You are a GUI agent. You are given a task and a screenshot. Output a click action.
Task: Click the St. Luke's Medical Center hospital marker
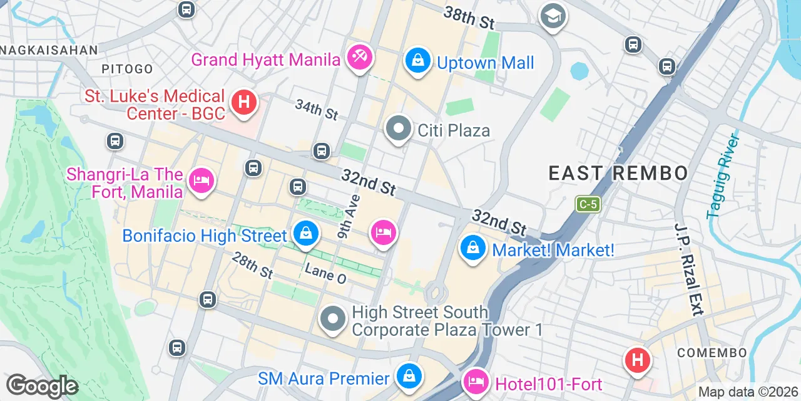[x=243, y=102]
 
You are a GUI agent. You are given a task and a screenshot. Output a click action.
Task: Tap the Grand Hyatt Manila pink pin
[x=359, y=58]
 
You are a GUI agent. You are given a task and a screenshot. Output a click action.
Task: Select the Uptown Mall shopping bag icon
[x=417, y=61]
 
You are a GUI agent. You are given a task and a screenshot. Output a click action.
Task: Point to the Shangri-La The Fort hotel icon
[x=202, y=180]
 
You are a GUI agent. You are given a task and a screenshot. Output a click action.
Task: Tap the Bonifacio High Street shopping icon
[x=306, y=234]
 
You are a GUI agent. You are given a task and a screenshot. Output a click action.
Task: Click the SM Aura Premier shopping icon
[x=409, y=376]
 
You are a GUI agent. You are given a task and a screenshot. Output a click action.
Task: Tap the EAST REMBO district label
[x=618, y=174]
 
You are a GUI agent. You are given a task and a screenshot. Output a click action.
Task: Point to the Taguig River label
[x=724, y=176]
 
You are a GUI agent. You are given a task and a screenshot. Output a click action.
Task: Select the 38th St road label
[x=469, y=18]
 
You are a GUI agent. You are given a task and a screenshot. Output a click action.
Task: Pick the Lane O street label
[x=325, y=273]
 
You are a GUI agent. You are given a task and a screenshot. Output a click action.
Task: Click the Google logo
[x=42, y=386]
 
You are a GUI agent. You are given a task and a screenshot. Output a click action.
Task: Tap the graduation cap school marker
[x=553, y=16]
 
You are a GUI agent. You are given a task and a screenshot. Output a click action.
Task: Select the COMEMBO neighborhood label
[x=712, y=353]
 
